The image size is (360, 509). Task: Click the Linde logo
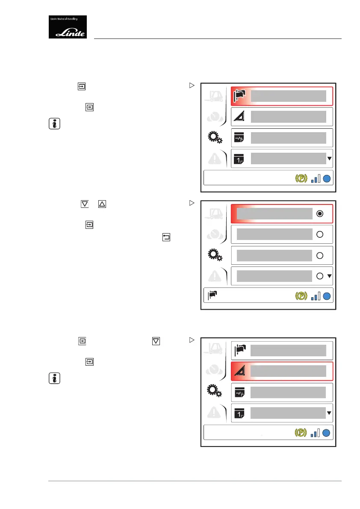[68, 27]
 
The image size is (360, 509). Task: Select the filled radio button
[320, 213]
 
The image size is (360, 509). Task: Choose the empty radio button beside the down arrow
[319, 276]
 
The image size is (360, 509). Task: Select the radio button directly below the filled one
[320, 234]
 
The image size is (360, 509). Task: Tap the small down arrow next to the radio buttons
[329, 276]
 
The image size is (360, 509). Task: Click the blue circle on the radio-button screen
[328, 296]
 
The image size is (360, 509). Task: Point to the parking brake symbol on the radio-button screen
[301, 296]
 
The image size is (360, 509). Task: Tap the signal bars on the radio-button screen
[315, 296]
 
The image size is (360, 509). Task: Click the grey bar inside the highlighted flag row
[289, 96]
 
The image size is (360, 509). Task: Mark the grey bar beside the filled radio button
[274, 213]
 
